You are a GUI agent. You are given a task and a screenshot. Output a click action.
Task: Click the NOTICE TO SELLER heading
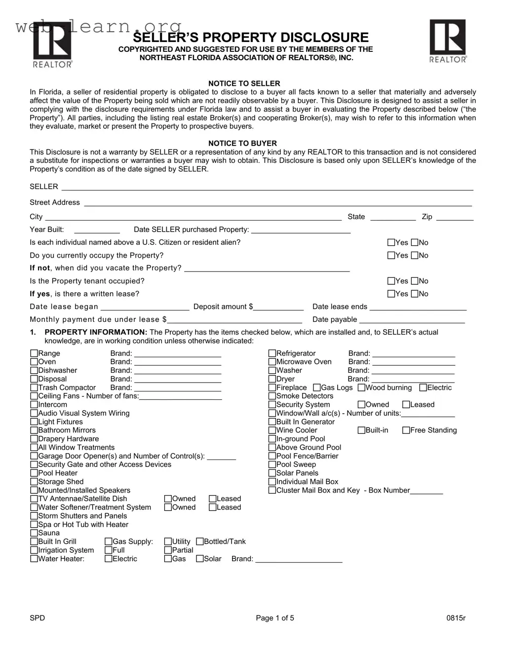click(x=244, y=83)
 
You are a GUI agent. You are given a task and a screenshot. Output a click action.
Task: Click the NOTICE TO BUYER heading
click(x=242, y=143)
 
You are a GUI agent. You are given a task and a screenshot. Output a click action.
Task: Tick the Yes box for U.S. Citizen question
click(x=391, y=242)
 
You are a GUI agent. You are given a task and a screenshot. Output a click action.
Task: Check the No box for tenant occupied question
click(x=415, y=281)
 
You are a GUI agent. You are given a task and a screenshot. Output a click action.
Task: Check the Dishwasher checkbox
click(x=34, y=370)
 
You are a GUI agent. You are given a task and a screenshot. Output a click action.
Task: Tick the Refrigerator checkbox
click(x=272, y=353)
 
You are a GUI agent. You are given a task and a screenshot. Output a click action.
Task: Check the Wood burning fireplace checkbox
click(x=361, y=387)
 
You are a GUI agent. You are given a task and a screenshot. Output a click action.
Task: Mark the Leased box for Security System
click(x=406, y=405)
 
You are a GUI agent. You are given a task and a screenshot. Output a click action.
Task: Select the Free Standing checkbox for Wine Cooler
click(x=406, y=430)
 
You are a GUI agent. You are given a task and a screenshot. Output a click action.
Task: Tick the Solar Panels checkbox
click(x=272, y=473)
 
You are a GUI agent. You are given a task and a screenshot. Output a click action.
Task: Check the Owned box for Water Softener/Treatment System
click(x=168, y=507)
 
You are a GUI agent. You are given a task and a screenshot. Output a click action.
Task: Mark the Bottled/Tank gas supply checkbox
click(x=200, y=541)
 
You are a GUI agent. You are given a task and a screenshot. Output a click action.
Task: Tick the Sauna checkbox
click(x=34, y=533)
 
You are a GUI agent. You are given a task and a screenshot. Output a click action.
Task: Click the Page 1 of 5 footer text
click(x=275, y=618)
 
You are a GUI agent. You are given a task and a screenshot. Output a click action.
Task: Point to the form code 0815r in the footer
click(x=456, y=618)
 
